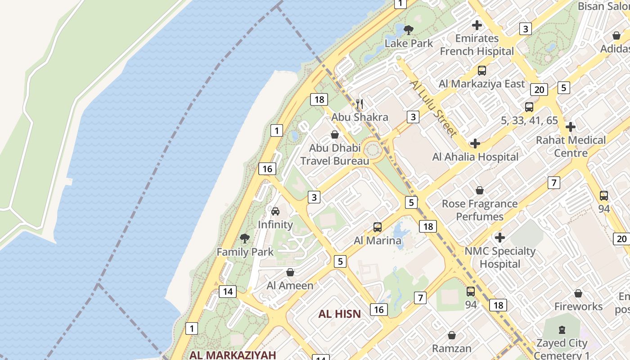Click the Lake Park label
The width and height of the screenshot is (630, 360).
tap(409, 43)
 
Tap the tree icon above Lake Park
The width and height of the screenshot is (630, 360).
tap(409, 30)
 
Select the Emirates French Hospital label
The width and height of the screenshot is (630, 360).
tap(477, 45)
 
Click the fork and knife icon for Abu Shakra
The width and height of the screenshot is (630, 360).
tap(359, 104)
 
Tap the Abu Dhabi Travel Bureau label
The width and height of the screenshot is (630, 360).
tap(334, 154)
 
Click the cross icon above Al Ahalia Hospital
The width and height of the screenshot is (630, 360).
tap(475, 144)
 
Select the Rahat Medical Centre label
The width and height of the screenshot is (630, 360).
tap(571, 146)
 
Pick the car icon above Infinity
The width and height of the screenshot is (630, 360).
tap(275, 211)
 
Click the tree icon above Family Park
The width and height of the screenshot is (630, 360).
tap(245, 238)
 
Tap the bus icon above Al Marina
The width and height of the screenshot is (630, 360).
tap(378, 227)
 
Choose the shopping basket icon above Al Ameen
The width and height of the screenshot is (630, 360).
tap(290, 272)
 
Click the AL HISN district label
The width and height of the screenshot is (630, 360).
tap(340, 314)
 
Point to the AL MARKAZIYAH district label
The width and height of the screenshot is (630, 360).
tap(232, 355)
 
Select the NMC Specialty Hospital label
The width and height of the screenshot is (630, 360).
tap(499, 257)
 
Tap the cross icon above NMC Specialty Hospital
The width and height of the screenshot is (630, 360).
tap(499, 237)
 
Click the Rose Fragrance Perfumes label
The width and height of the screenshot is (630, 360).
tap(480, 210)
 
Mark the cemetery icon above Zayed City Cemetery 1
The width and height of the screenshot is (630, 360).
tap(562, 330)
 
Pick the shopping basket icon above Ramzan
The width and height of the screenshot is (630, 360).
tap(452, 335)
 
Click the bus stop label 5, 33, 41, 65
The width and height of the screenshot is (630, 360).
tap(529, 120)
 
